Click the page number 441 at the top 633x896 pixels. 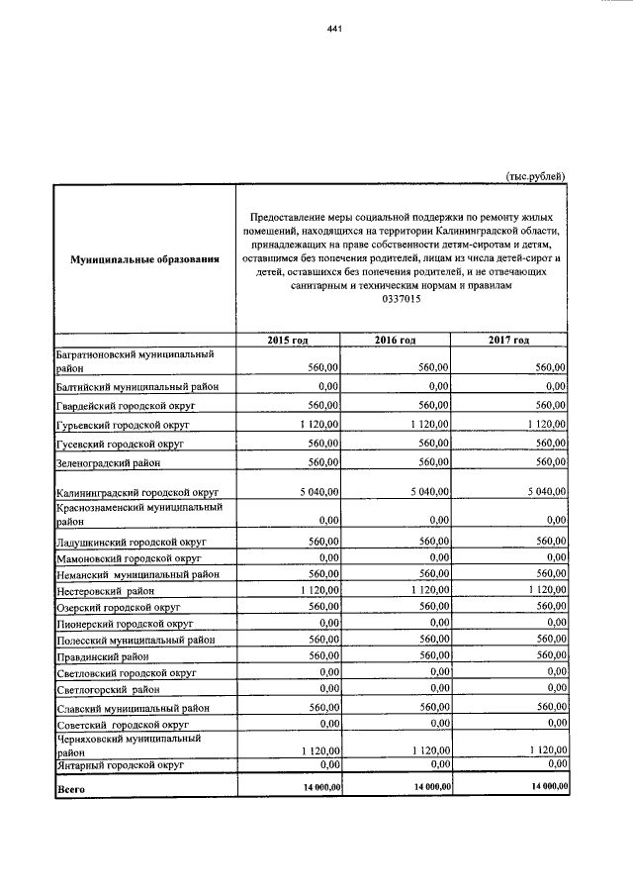pyautogui.click(x=333, y=29)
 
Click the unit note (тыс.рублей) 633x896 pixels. pyautogui.click(x=535, y=176)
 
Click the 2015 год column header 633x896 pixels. pyautogui.click(x=288, y=340)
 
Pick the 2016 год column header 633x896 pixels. pyautogui.click(x=395, y=340)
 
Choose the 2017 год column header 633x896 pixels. pyautogui.click(x=509, y=340)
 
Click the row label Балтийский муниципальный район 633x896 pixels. pyautogui.click(x=143, y=386)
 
